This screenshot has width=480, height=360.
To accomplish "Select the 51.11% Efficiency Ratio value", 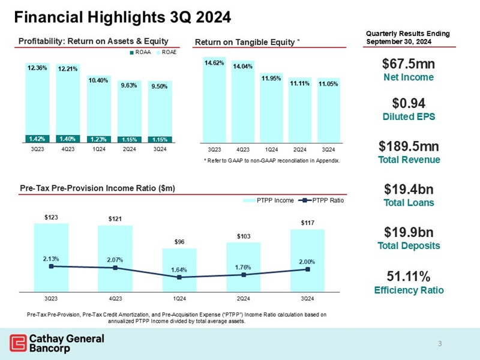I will pos(408,277).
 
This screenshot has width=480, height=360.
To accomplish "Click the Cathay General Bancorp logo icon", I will pos(17,343).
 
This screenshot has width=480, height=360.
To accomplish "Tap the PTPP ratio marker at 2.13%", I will pos(51,266).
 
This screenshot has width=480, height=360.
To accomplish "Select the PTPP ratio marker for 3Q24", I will pos(308,269).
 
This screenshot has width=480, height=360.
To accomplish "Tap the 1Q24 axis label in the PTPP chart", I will pos(179,298).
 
